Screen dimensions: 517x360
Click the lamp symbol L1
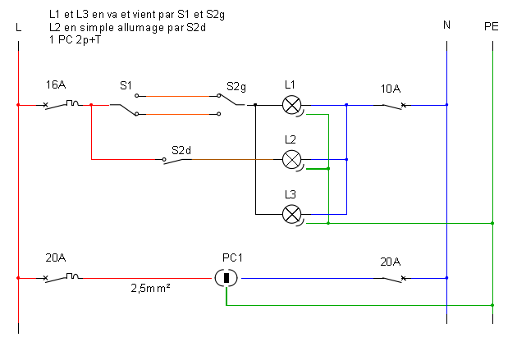292,105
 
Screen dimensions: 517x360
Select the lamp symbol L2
292,159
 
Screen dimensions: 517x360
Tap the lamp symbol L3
292,214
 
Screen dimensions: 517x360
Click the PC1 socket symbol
226,278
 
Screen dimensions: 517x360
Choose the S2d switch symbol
177,161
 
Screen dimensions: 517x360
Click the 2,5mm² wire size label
150,289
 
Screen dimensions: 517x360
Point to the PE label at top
492,27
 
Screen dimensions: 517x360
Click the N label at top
446,25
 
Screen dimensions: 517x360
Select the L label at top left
18,27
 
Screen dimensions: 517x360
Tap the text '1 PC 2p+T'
75,40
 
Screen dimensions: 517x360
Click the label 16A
56,85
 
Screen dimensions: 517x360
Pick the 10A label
391,89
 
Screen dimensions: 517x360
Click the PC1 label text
232,257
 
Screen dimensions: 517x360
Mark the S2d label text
181,151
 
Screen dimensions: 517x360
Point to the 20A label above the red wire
56,257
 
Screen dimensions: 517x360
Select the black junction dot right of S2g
255,105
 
